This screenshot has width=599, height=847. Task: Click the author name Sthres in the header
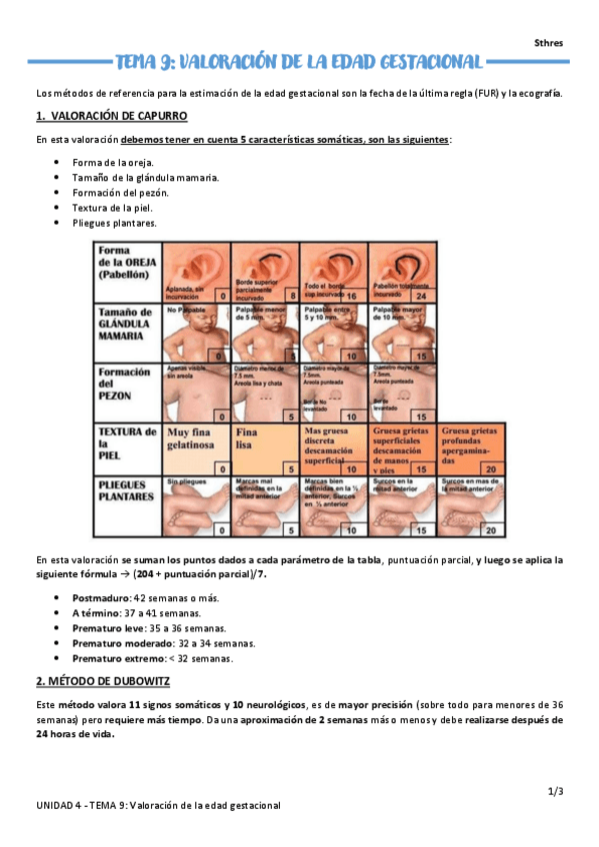[549, 43]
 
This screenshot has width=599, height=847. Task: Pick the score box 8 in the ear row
[291, 296]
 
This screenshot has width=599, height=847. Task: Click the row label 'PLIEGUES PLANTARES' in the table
[125, 489]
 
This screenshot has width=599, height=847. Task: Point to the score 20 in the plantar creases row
[490, 530]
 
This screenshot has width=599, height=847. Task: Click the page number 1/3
[556, 791]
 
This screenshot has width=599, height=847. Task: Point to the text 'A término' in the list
[94, 612]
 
